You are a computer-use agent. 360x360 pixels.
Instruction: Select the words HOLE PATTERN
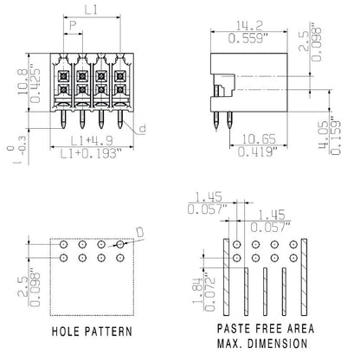point(91,331)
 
